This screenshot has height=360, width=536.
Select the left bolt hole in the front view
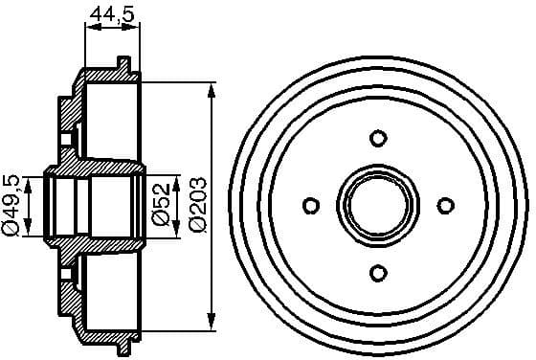click(310, 204)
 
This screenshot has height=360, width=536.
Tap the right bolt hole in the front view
click(445, 204)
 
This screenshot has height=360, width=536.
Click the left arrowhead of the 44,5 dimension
click(90, 29)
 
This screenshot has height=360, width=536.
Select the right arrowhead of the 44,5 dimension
click(131, 29)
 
